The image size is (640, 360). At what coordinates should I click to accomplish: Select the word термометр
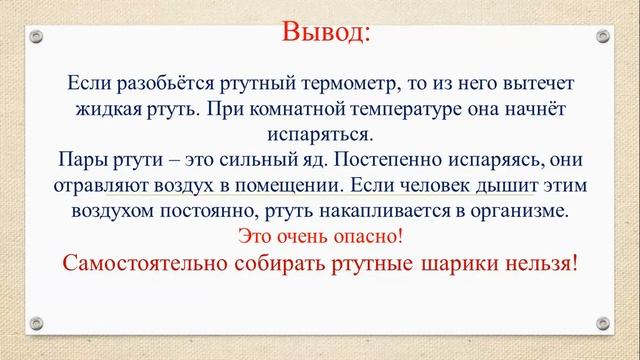pos(352,84)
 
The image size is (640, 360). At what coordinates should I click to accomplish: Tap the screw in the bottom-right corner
pos(604,322)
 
